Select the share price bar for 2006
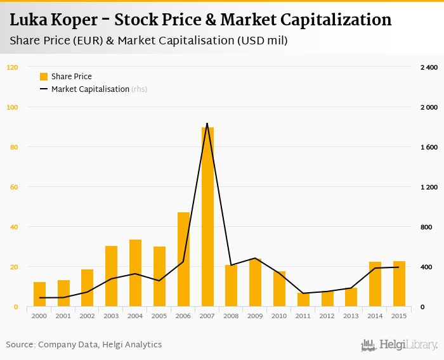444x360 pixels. [183, 259]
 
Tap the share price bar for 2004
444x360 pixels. [135, 273]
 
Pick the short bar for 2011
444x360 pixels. [303, 300]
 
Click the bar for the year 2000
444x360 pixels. [39, 294]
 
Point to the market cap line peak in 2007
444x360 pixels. [207, 124]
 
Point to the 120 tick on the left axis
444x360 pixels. [13, 67]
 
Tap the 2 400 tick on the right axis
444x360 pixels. [429, 67]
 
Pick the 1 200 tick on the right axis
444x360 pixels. [429, 187]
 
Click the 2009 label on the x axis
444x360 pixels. [255, 316]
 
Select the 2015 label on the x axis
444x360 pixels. [399, 316]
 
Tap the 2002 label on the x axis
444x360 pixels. [87, 316]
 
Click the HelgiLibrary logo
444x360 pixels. [400, 345]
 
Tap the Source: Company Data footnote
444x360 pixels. [84, 345]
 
